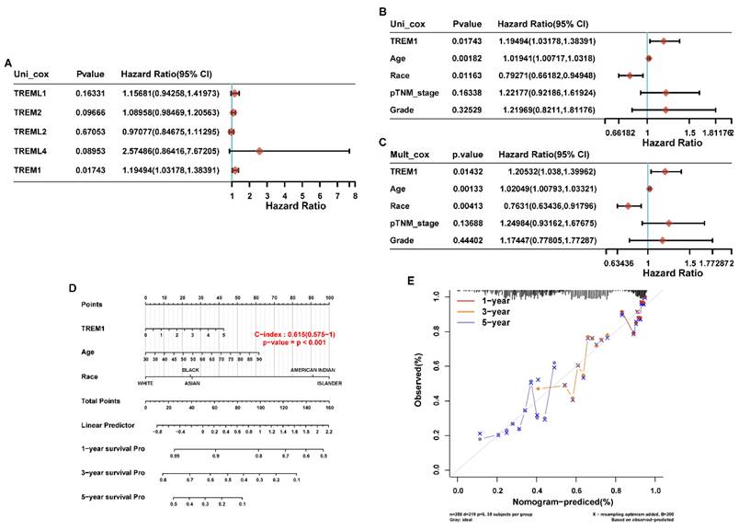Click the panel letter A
click(8, 63)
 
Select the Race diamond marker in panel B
click(630, 75)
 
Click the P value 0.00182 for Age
click(470, 58)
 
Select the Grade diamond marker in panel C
click(662, 241)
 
